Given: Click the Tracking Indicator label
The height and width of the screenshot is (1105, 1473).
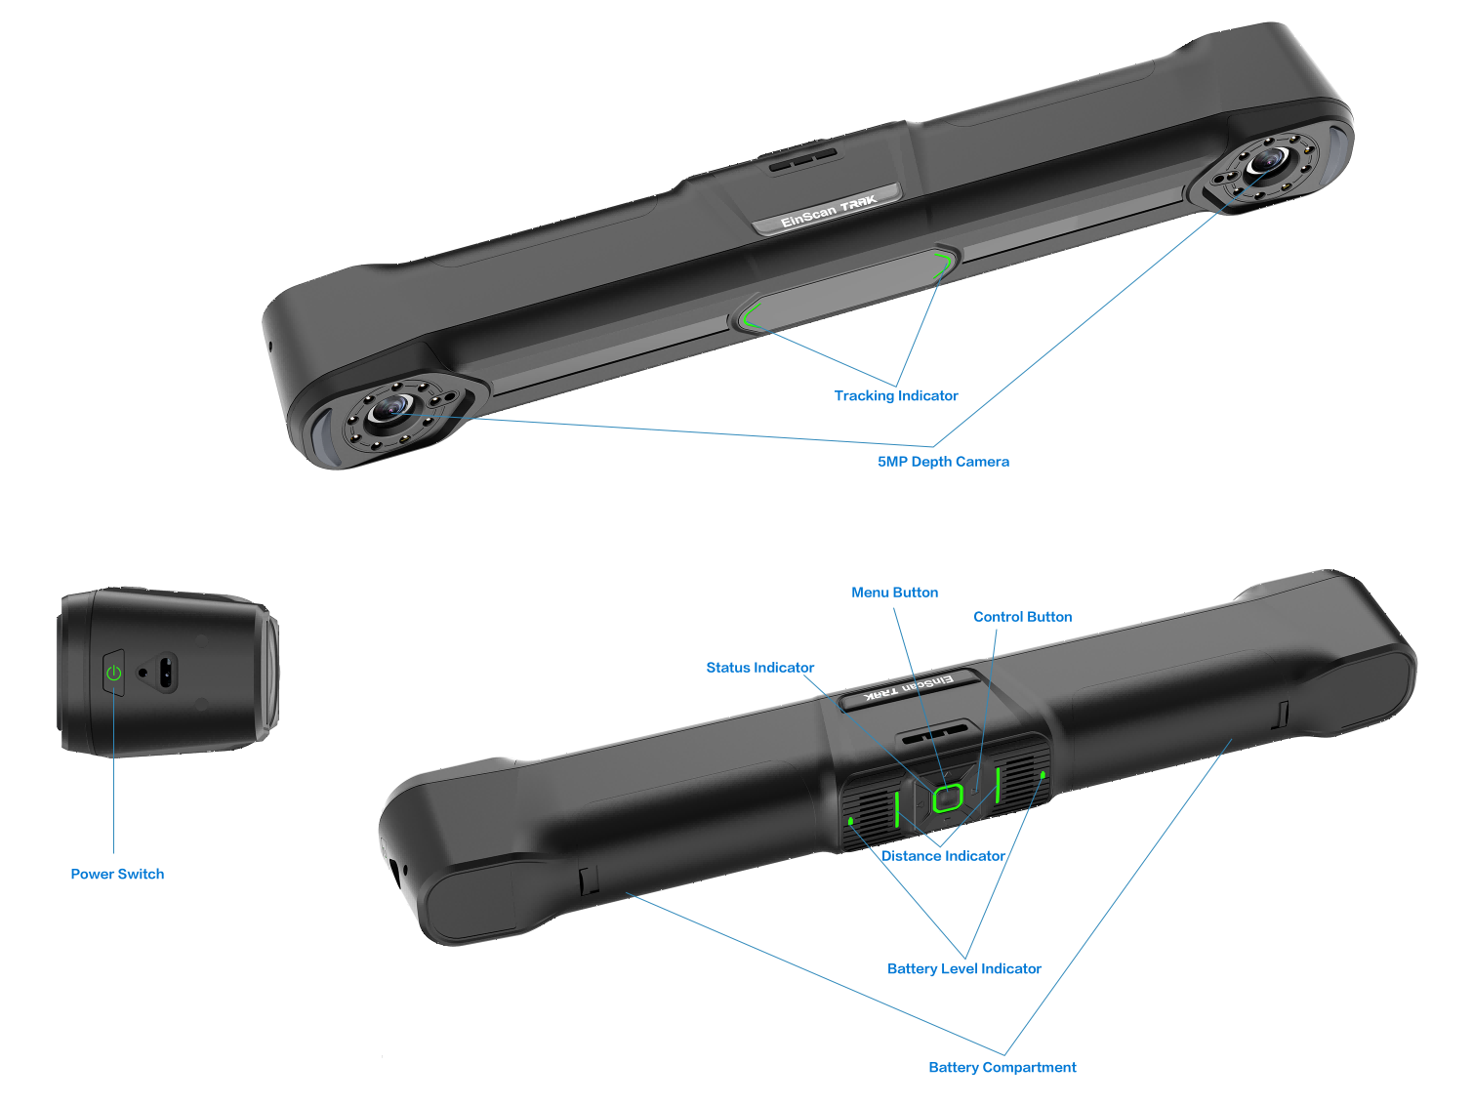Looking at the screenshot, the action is click(x=895, y=395).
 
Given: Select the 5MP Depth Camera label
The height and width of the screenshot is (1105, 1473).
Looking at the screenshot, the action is click(x=943, y=462).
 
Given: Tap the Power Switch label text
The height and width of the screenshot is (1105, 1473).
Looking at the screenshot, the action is click(x=117, y=874).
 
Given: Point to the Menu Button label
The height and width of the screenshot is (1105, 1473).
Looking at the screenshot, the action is click(x=894, y=593).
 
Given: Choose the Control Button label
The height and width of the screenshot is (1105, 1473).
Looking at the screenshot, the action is click(x=1022, y=617).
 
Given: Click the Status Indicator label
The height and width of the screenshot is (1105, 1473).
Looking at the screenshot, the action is click(x=759, y=668).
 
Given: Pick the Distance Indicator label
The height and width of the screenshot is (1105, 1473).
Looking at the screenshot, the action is click(x=943, y=856).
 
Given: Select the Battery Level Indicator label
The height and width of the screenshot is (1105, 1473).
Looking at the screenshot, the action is click(x=963, y=968).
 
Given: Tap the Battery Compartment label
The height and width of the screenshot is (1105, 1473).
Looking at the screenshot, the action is click(x=1002, y=1068).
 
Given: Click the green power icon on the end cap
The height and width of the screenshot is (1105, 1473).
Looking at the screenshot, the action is click(x=114, y=673).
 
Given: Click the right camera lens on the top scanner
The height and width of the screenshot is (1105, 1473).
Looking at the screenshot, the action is click(x=1265, y=161).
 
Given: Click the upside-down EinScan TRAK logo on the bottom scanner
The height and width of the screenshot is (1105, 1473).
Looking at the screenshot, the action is click(x=907, y=688).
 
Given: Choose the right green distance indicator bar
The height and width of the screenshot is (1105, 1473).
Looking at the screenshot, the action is click(x=999, y=785).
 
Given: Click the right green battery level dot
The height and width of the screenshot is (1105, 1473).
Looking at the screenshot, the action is click(x=1043, y=775).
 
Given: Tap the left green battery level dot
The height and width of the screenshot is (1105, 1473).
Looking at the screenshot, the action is click(x=851, y=821).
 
